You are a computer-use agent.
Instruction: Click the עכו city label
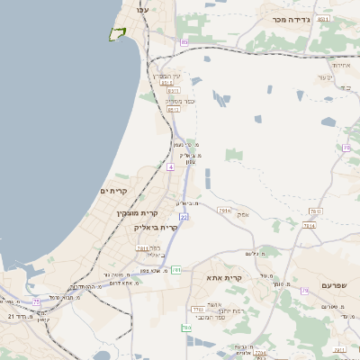[x=141, y=8]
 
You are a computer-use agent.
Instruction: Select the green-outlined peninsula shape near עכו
[x=117, y=33]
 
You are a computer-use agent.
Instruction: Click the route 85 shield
[x=184, y=42]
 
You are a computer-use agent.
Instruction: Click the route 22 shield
[x=183, y=217]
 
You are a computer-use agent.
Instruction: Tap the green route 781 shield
[x=176, y=269]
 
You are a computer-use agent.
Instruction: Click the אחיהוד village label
[x=340, y=65]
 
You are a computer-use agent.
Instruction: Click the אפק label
[x=243, y=215]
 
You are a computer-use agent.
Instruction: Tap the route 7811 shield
[x=142, y=247]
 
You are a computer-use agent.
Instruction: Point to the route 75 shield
[x=305, y=290]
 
